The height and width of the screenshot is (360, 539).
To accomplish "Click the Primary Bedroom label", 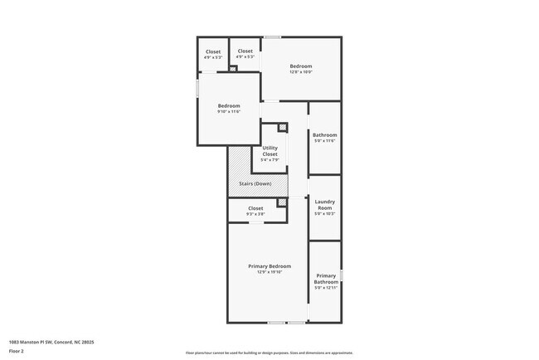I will coord(269,266).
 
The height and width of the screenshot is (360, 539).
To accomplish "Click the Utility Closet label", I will coord(270,151).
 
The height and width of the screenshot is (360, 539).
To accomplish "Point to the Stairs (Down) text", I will coord(256,183).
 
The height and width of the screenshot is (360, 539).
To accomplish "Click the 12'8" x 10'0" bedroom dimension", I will coord(300,72).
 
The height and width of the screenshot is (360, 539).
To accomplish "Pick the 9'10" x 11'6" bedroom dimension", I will coord(229,112).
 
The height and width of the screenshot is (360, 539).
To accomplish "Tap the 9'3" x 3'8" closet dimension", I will coord(255,214).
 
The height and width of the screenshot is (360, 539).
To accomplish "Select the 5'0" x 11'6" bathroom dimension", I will coord(324,141).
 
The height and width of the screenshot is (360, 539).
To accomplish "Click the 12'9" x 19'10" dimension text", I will coord(269,272).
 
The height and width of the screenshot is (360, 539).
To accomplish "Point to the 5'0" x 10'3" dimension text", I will coord(324,214).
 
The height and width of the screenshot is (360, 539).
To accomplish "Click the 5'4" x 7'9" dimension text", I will coord(270,160).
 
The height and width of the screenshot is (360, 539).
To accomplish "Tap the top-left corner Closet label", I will coord(213,51).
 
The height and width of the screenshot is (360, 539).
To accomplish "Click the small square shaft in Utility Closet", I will coord(283,127).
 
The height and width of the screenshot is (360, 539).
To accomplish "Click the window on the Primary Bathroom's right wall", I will coord(341,274).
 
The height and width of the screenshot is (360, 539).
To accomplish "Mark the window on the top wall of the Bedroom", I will coord(272,36).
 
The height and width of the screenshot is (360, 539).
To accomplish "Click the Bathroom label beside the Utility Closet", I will coord(324,134).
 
